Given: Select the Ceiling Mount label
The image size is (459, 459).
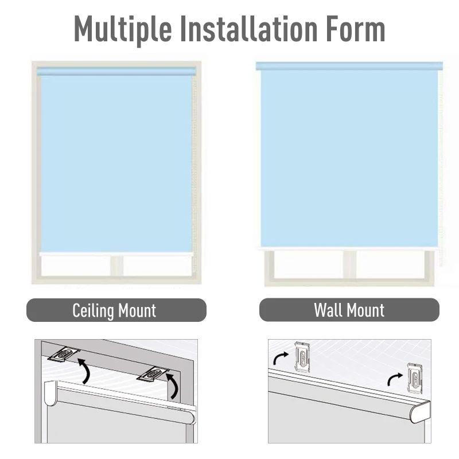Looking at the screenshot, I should point(115,310).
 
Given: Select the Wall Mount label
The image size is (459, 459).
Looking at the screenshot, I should point(349,310).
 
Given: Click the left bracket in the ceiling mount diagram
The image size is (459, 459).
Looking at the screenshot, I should point(64,354).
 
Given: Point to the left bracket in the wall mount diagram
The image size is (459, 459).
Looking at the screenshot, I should point(303,356).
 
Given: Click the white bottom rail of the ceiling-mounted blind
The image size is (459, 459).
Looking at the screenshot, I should point(115,253).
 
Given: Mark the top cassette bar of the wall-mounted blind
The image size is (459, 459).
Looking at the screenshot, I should point(349,66).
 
